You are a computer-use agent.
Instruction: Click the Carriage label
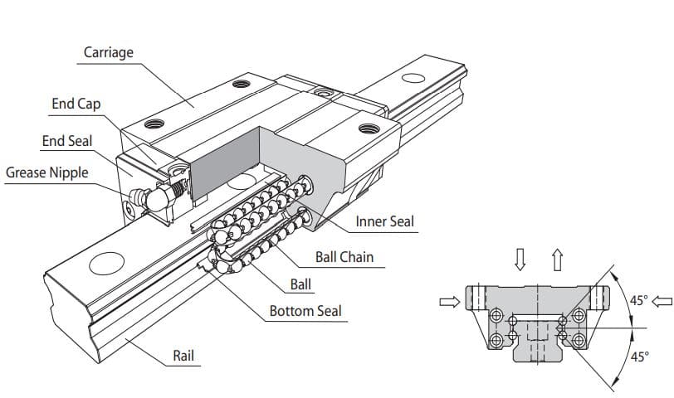point(109,53)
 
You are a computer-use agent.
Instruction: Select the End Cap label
point(76,104)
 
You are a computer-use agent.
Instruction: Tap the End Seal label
point(67,141)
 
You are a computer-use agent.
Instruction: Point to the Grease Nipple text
point(46,173)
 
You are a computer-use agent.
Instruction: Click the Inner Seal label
point(384,221)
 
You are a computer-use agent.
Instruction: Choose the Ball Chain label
point(344,257)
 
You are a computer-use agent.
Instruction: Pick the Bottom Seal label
point(305,311)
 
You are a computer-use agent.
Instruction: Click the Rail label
point(183,356)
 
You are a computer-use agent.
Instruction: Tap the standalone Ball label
point(300,284)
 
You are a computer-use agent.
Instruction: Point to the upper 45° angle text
point(638,300)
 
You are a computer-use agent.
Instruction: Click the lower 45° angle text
point(639,357)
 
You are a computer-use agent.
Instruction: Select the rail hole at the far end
point(413,79)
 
